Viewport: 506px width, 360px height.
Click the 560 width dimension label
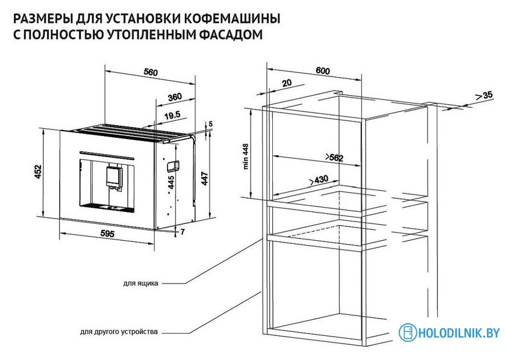click(151, 73)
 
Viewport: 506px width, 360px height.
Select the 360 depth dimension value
click(175, 97)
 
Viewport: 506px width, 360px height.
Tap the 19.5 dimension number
click(172, 114)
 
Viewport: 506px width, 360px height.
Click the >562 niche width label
click(334, 158)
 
